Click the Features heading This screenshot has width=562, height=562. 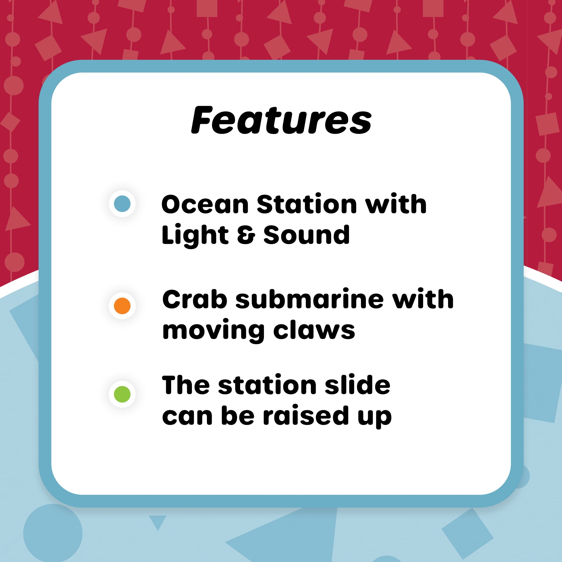point(281,120)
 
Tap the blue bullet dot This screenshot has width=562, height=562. point(122,204)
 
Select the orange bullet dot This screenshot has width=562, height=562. point(122,306)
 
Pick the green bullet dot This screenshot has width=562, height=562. point(122,394)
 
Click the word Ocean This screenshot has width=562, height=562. point(205,205)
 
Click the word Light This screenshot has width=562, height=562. point(195,235)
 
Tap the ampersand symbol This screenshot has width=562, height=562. point(246,235)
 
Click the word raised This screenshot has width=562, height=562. point(306,415)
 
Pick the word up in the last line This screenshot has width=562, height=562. point(374,418)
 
